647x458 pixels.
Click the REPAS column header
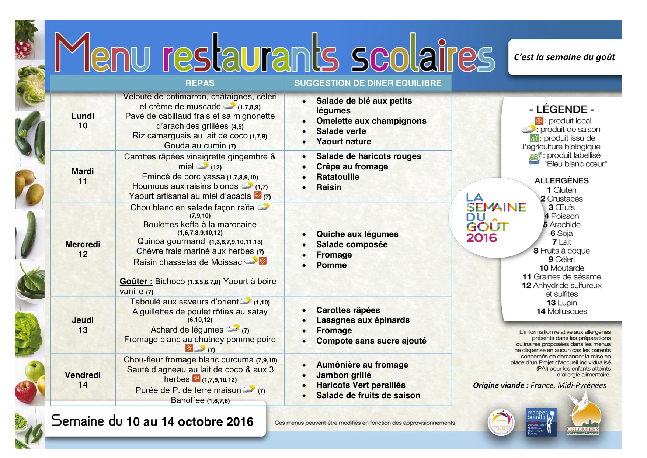[x=200, y=83]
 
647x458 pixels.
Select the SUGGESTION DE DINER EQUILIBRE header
[x=368, y=83]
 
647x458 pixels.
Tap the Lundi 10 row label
[x=83, y=121]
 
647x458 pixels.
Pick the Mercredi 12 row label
[x=83, y=249]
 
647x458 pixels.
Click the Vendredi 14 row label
[x=83, y=380]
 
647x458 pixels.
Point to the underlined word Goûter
[x=136, y=282]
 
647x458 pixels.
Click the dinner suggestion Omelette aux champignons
[x=371, y=121]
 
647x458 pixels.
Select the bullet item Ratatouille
[x=338, y=177]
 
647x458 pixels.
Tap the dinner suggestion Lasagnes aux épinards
[x=363, y=320]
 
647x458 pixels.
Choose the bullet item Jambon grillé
[x=344, y=375]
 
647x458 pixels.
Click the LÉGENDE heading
[x=561, y=109]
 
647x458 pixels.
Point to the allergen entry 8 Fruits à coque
[x=561, y=251]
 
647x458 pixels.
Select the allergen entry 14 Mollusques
[x=561, y=311]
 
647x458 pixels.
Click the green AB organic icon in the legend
[x=534, y=138]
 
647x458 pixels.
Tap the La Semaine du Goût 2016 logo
[x=494, y=218]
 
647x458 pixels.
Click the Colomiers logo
[x=583, y=417]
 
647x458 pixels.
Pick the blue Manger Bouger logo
[x=541, y=422]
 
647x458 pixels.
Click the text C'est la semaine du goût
[x=564, y=57]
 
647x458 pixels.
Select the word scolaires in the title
[x=422, y=55]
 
